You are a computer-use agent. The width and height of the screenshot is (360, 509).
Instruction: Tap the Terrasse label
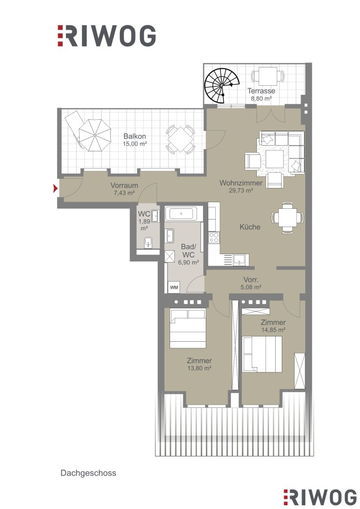(261, 91)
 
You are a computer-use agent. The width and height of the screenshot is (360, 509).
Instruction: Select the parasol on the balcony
(95, 135)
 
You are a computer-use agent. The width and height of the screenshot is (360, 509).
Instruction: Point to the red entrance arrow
(56, 188)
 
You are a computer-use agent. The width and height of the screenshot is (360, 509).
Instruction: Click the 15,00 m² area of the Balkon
(134, 144)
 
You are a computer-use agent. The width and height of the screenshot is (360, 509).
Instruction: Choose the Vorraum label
(124, 185)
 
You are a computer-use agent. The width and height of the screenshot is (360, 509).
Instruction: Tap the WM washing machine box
(174, 287)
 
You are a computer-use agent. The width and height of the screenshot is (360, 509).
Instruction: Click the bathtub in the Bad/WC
(181, 214)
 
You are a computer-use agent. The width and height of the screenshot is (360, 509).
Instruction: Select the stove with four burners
(213, 238)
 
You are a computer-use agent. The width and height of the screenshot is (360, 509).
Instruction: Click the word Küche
(250, 227)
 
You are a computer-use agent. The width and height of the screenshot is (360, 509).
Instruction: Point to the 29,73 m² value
(241, 190)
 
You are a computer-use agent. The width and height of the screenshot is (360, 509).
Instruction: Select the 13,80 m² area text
(199, 368)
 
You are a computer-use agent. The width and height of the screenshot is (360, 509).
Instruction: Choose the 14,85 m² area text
(273, 330)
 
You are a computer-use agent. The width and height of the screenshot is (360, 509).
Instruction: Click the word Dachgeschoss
(88, 473)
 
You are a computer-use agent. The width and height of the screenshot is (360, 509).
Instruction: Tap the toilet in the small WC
(148, 242)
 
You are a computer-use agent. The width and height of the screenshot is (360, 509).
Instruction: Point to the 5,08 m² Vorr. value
(251, 287)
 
